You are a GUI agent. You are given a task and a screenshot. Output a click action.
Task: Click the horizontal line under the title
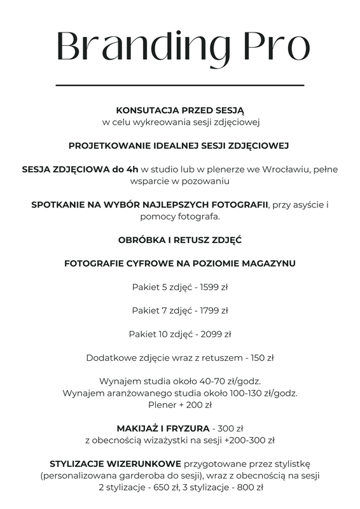(x=180, y=85)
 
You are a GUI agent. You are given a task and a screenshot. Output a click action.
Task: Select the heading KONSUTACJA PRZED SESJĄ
(x=180, y=110)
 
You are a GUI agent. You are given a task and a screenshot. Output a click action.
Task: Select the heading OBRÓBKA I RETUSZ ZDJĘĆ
(x=180, y=240)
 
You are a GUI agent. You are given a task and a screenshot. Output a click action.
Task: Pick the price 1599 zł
(x=214, y=287)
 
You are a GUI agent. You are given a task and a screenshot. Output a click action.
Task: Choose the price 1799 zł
(x=214, y=310)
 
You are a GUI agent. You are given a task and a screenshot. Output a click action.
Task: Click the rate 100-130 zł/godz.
(x=267, y=393)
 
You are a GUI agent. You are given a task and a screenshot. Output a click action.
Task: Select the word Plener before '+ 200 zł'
(x=162, y=405)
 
